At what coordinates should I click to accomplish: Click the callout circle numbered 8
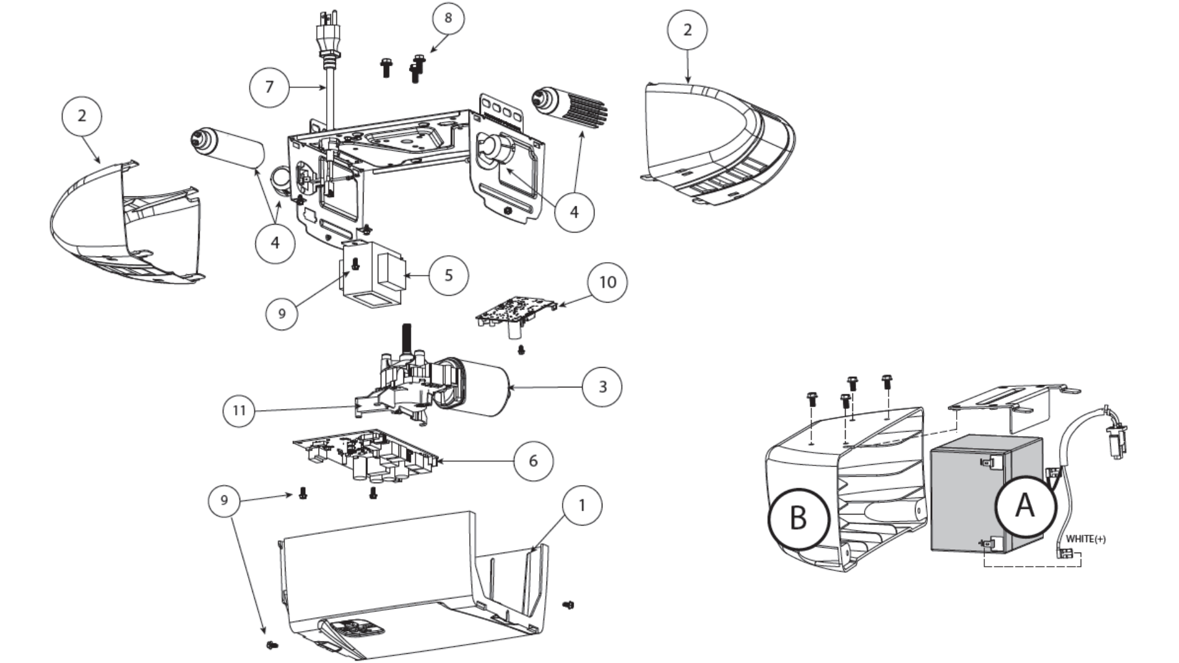click(x=448, y=18)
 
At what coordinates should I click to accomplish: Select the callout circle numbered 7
click(x=269, y=87)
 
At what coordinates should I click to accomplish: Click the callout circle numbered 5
click(x=448, y=275)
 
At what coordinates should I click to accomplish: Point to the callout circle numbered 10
click(x=607, y=282)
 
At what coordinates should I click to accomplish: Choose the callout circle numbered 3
click(x=602, y=387)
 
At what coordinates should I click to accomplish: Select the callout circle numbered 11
click(x=239, y=410)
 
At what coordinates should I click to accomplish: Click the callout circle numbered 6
click(x=532, y=460)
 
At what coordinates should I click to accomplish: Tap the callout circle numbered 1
click(x=582, y=505)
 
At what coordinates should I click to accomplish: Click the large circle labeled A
click(x=1025, y=506)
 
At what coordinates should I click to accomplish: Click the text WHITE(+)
click(x=1085, y=539)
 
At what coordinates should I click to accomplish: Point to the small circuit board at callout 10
click(x=516, y=310)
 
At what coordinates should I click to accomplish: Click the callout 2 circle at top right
click(x=687, y=29)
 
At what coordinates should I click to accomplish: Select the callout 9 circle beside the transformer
click(x=282, y=314)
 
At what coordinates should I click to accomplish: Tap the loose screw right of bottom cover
click(x=568, y=605)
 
